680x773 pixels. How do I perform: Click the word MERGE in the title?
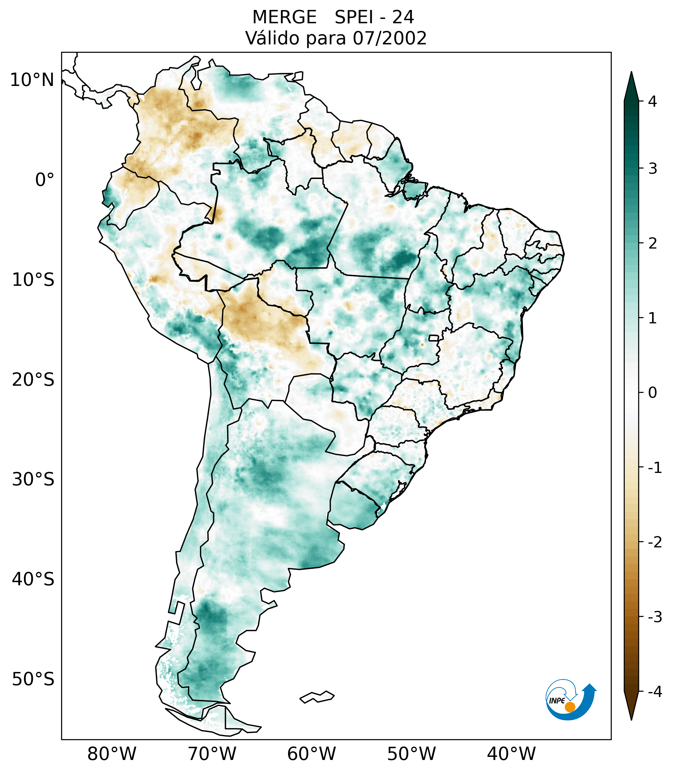click(284, 17)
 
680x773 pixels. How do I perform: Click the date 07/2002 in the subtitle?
click(390, 38)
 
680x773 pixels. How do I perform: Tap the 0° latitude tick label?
click(45, 180)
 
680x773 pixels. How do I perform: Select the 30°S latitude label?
click(33, 479)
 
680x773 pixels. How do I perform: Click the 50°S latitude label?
click(33, 679)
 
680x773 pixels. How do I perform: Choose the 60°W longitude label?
click(311, 754)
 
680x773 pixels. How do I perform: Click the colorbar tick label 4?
click(652, 101)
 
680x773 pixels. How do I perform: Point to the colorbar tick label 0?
click(652, 393)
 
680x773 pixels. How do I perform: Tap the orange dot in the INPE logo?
click(570, 707)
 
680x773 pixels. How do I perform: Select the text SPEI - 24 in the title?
click(374, 17)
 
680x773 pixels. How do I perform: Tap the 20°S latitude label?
click(33, 380)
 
